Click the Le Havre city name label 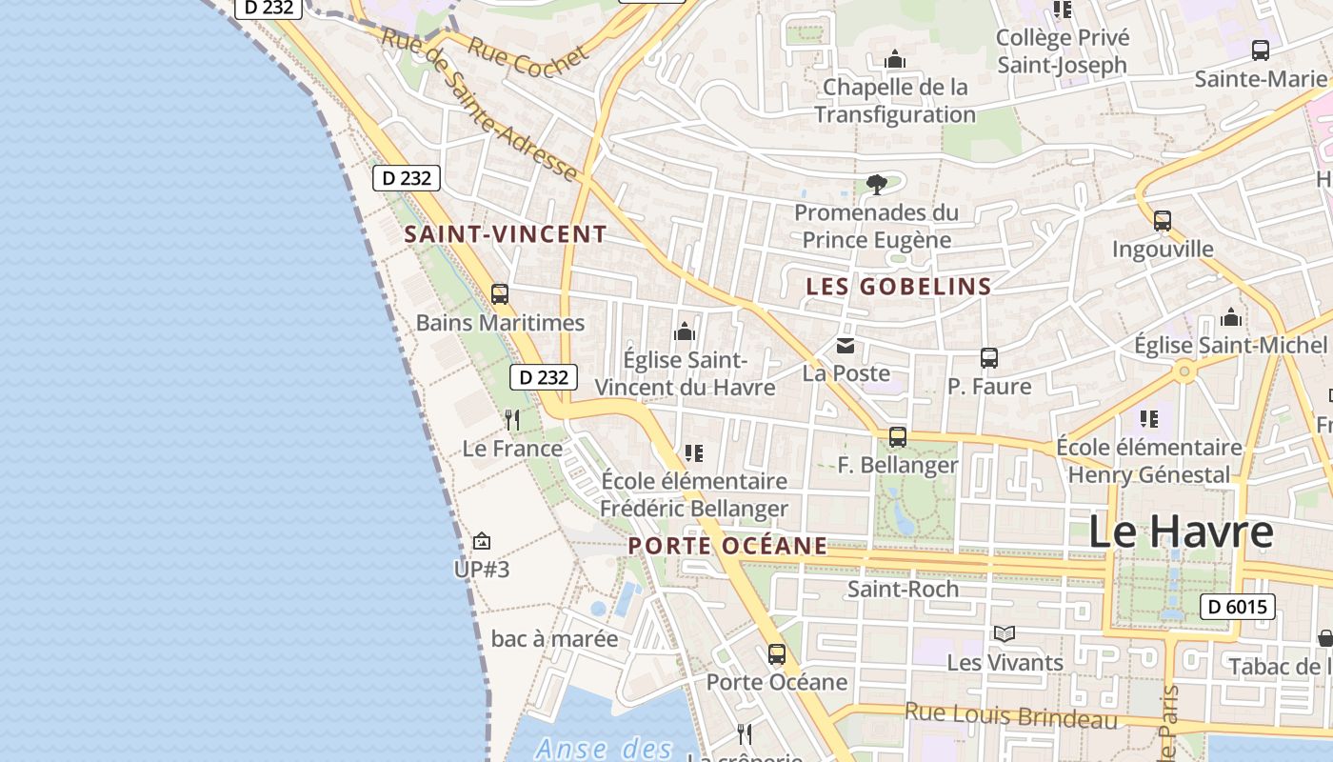(x=1180, y=531)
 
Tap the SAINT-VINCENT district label (x=506, y=234)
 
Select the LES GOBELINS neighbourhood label (x=899, y=286)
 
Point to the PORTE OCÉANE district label (x=728, y=546)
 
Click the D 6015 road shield (x=1237, y=607)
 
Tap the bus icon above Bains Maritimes (x=500, y=294)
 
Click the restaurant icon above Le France (x=512, y=420)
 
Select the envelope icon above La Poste (x=846, y=346)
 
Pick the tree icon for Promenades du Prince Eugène (x=877, y=185)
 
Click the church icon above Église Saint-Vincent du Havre (x=685, y=332)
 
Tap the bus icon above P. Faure (x=989, y=358)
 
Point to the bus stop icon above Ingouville (x=1163, y=221)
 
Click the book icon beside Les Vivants (x=1005, y=633)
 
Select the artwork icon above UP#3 (x=482, y=542)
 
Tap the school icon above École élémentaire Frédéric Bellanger (x=694, y=453)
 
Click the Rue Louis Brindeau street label (x=1010, y=715)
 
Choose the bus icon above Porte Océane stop (x=777, y=654)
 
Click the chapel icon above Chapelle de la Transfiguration (x=895, y=60)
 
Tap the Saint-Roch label (x=903, y=589)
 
